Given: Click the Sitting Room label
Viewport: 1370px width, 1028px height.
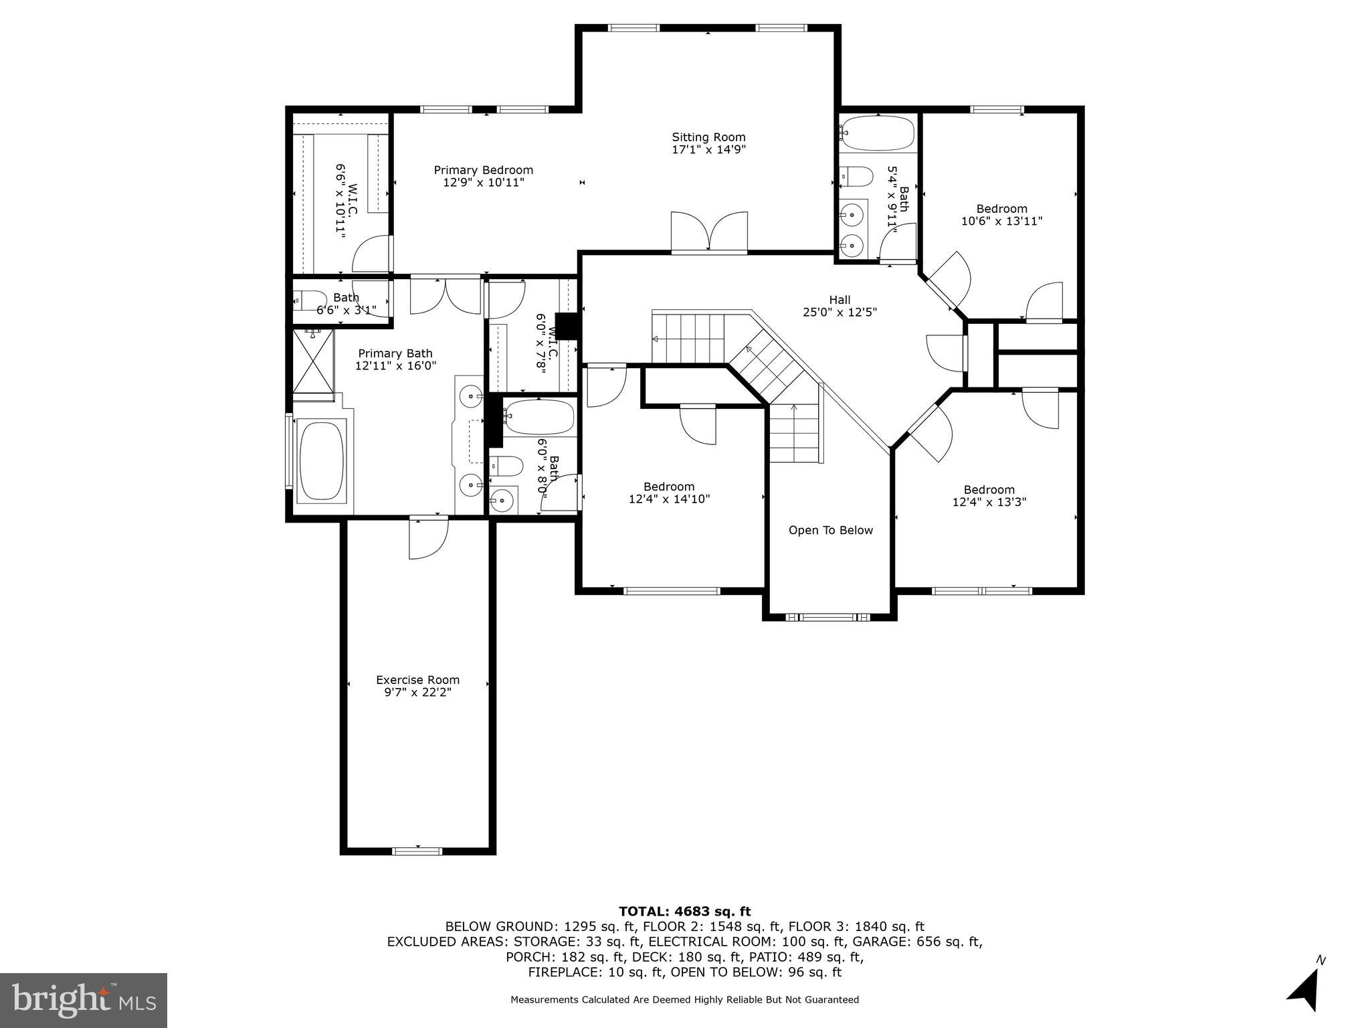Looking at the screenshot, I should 708,137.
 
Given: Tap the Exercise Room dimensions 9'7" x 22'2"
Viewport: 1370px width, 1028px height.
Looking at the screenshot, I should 417,693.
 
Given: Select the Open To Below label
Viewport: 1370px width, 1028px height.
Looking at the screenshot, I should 830,530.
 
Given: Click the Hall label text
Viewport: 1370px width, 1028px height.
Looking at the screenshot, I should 840,300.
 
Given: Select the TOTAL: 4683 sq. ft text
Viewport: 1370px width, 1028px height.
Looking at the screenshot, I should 684,912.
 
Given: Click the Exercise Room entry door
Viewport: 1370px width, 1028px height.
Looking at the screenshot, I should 429,537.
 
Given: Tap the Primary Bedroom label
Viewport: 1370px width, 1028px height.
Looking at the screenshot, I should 483,170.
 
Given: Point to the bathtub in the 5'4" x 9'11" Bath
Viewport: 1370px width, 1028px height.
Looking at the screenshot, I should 878,134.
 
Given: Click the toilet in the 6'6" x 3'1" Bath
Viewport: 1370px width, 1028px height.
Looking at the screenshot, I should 310,301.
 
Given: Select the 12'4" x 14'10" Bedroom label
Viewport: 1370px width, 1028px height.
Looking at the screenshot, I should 669,493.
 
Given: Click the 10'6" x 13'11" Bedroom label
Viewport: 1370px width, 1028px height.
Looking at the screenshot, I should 1001,215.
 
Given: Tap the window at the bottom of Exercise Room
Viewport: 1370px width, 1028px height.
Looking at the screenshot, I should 417,851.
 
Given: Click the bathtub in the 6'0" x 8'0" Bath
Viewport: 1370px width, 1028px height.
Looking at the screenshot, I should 540,417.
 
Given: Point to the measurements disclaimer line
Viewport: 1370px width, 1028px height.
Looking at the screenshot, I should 684,1000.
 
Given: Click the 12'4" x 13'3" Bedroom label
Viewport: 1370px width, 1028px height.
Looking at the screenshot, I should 989,495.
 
